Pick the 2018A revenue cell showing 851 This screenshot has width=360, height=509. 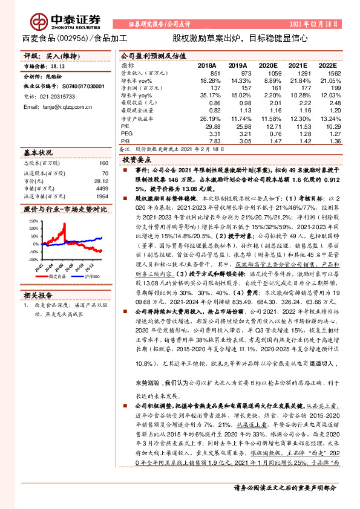point(215,73)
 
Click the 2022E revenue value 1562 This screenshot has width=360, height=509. point(326,73)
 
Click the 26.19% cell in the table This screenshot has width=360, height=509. point(211,119)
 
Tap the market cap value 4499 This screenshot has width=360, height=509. point(101,188)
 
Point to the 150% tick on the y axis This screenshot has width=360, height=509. point(33,222)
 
